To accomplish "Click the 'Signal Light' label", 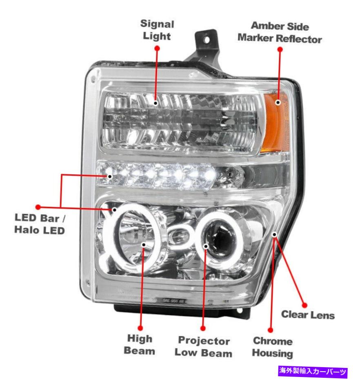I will click(x=157, y=30).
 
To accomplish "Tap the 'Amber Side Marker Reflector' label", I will click(x=280, y=32).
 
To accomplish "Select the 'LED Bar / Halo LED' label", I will click(x=40, y=224).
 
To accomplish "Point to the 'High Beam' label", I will click(x=140, y=345).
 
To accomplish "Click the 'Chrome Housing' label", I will click(x=272, y=347).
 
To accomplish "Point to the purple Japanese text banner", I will click(x=313, y=371).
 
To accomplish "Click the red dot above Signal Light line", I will click(x=157, y=48).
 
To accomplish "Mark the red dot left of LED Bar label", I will click(x=38, y=207).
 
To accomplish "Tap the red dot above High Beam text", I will click(x=140, y=328).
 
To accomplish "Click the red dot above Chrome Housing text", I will click(x=271, y=329).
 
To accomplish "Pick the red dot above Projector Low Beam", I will click(x=203, y=328).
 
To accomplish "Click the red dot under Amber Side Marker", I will click(x=280, y=49).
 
